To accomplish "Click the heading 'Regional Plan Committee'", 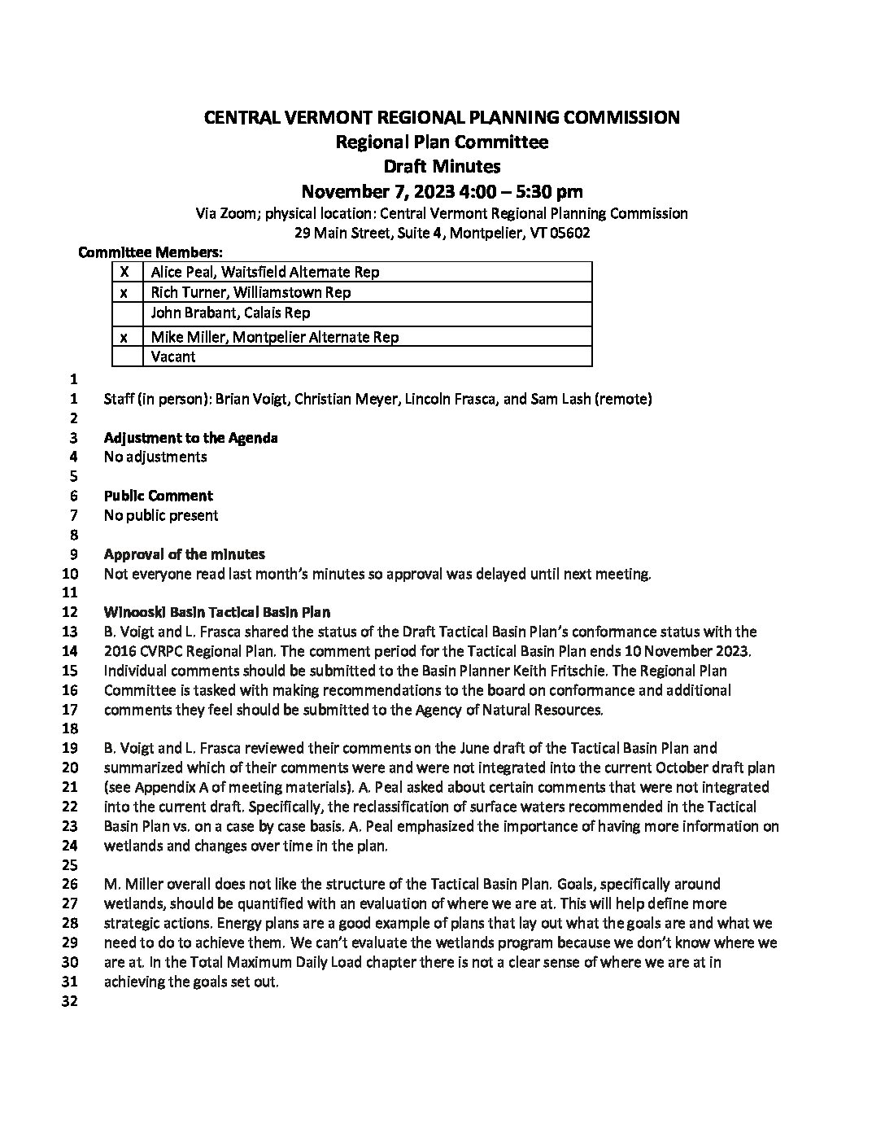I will [x=442, y=142].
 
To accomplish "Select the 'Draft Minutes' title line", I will [x=442, y=167].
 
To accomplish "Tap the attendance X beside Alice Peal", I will [x=125, y=272].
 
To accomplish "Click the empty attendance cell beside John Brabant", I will [x=125, y=313].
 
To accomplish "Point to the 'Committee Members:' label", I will [x=150, y=252].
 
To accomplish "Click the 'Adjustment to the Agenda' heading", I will [x=190, y=438].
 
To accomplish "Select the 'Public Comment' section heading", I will [x=158, y=496].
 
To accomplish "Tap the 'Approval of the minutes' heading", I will [x=184, y=554].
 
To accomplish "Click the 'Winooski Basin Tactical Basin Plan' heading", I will [x=216, y=612].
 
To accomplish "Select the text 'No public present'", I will [x=161, y=515].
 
